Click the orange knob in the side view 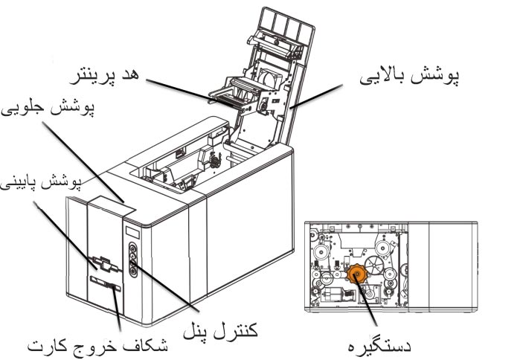pyautogui.click(x=357, y=274)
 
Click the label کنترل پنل pyautogui.click(x=220, y=330)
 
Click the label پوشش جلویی pyautogui.click(x=48, y=108)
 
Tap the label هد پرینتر pyautogui.click(x=104, y=77)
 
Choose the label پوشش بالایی pyautogui.click(x=410, y=77)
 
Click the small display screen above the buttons pyautogui.click(x=132, y=232)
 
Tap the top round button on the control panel pyautogui.click(x=132, y=248)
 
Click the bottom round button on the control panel pyautogui.click(x=133, y=271)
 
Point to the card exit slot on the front pyautogui.click(x=105, y=284)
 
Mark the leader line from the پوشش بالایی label pyautogui.click(x=316, y=97)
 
